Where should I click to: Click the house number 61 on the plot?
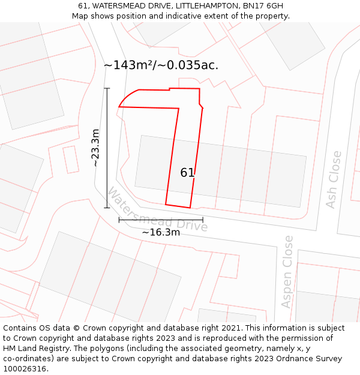tap(187, 173)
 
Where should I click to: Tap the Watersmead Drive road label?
tap(157, 209)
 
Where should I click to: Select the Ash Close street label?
tap(333, 179)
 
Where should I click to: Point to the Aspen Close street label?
tap(288, 271)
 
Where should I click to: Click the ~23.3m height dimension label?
tap(95, 148)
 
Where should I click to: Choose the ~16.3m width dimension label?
tap(161, 232)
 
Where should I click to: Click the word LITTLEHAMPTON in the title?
tap(205, 6)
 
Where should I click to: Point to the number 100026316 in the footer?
tap(25, 369)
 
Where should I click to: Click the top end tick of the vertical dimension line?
tap(107, 88)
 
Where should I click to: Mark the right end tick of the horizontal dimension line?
tap(203, 220)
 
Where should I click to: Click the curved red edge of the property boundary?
tap(127, 96)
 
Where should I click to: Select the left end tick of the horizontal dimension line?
tap(119, 220)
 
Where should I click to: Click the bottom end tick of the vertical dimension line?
tap(107, 208)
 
